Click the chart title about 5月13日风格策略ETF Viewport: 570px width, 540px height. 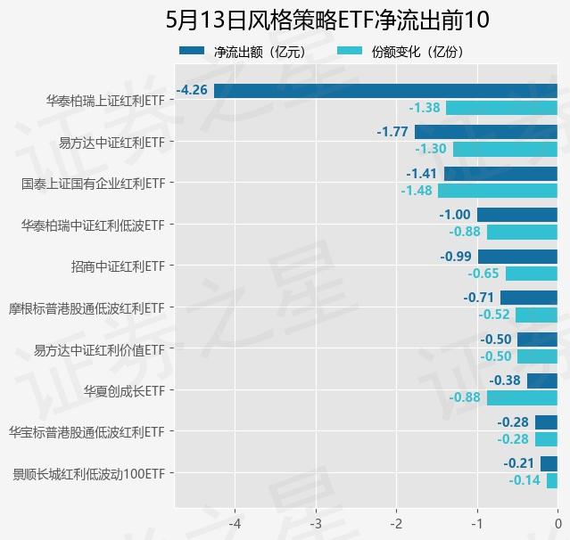coord(322,20)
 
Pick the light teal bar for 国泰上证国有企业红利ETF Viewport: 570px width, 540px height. coord(498,191)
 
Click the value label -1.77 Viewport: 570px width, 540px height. coord(392,132)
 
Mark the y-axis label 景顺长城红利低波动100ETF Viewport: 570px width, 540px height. coord(89,473)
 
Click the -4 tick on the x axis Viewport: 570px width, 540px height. coord(235,523)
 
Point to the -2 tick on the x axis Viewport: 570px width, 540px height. coord(396,523)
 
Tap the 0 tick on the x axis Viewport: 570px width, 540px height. coord(558,523)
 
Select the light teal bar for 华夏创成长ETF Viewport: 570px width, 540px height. coord(522,398)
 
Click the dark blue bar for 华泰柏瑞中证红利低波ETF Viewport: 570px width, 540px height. coord(517,215)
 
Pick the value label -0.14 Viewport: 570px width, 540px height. coord(525,480)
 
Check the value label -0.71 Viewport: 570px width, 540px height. coord(479,298)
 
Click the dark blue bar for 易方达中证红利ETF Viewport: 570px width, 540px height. coord(486,132)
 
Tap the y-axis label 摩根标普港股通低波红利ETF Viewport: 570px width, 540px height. coord(86,307)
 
